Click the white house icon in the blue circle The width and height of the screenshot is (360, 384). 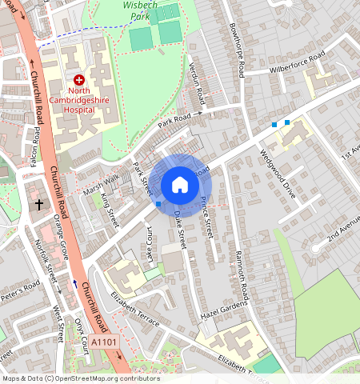180,185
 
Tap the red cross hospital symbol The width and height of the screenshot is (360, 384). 79,80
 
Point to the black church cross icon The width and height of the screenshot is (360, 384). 38,205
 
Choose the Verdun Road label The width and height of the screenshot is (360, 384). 195,85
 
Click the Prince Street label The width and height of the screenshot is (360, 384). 207,216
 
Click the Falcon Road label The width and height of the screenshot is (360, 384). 34,146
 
